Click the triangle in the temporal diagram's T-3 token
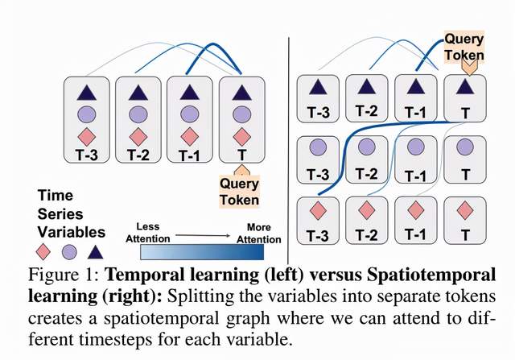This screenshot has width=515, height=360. click(x=89, y=93)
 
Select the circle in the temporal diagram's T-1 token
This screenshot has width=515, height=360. click(x=190, y=113)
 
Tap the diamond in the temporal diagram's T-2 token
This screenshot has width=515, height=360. click(x=139, y=134)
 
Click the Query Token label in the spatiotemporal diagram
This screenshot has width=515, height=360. click(x=464, y=47)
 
